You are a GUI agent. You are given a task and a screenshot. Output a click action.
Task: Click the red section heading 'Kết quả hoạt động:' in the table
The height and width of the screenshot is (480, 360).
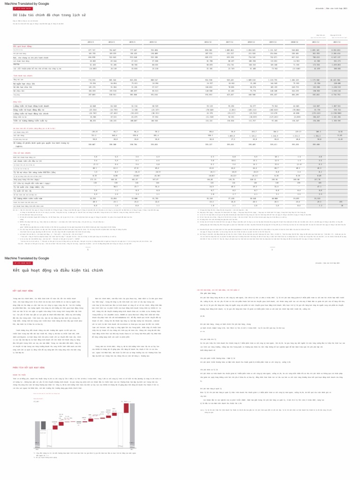22,46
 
